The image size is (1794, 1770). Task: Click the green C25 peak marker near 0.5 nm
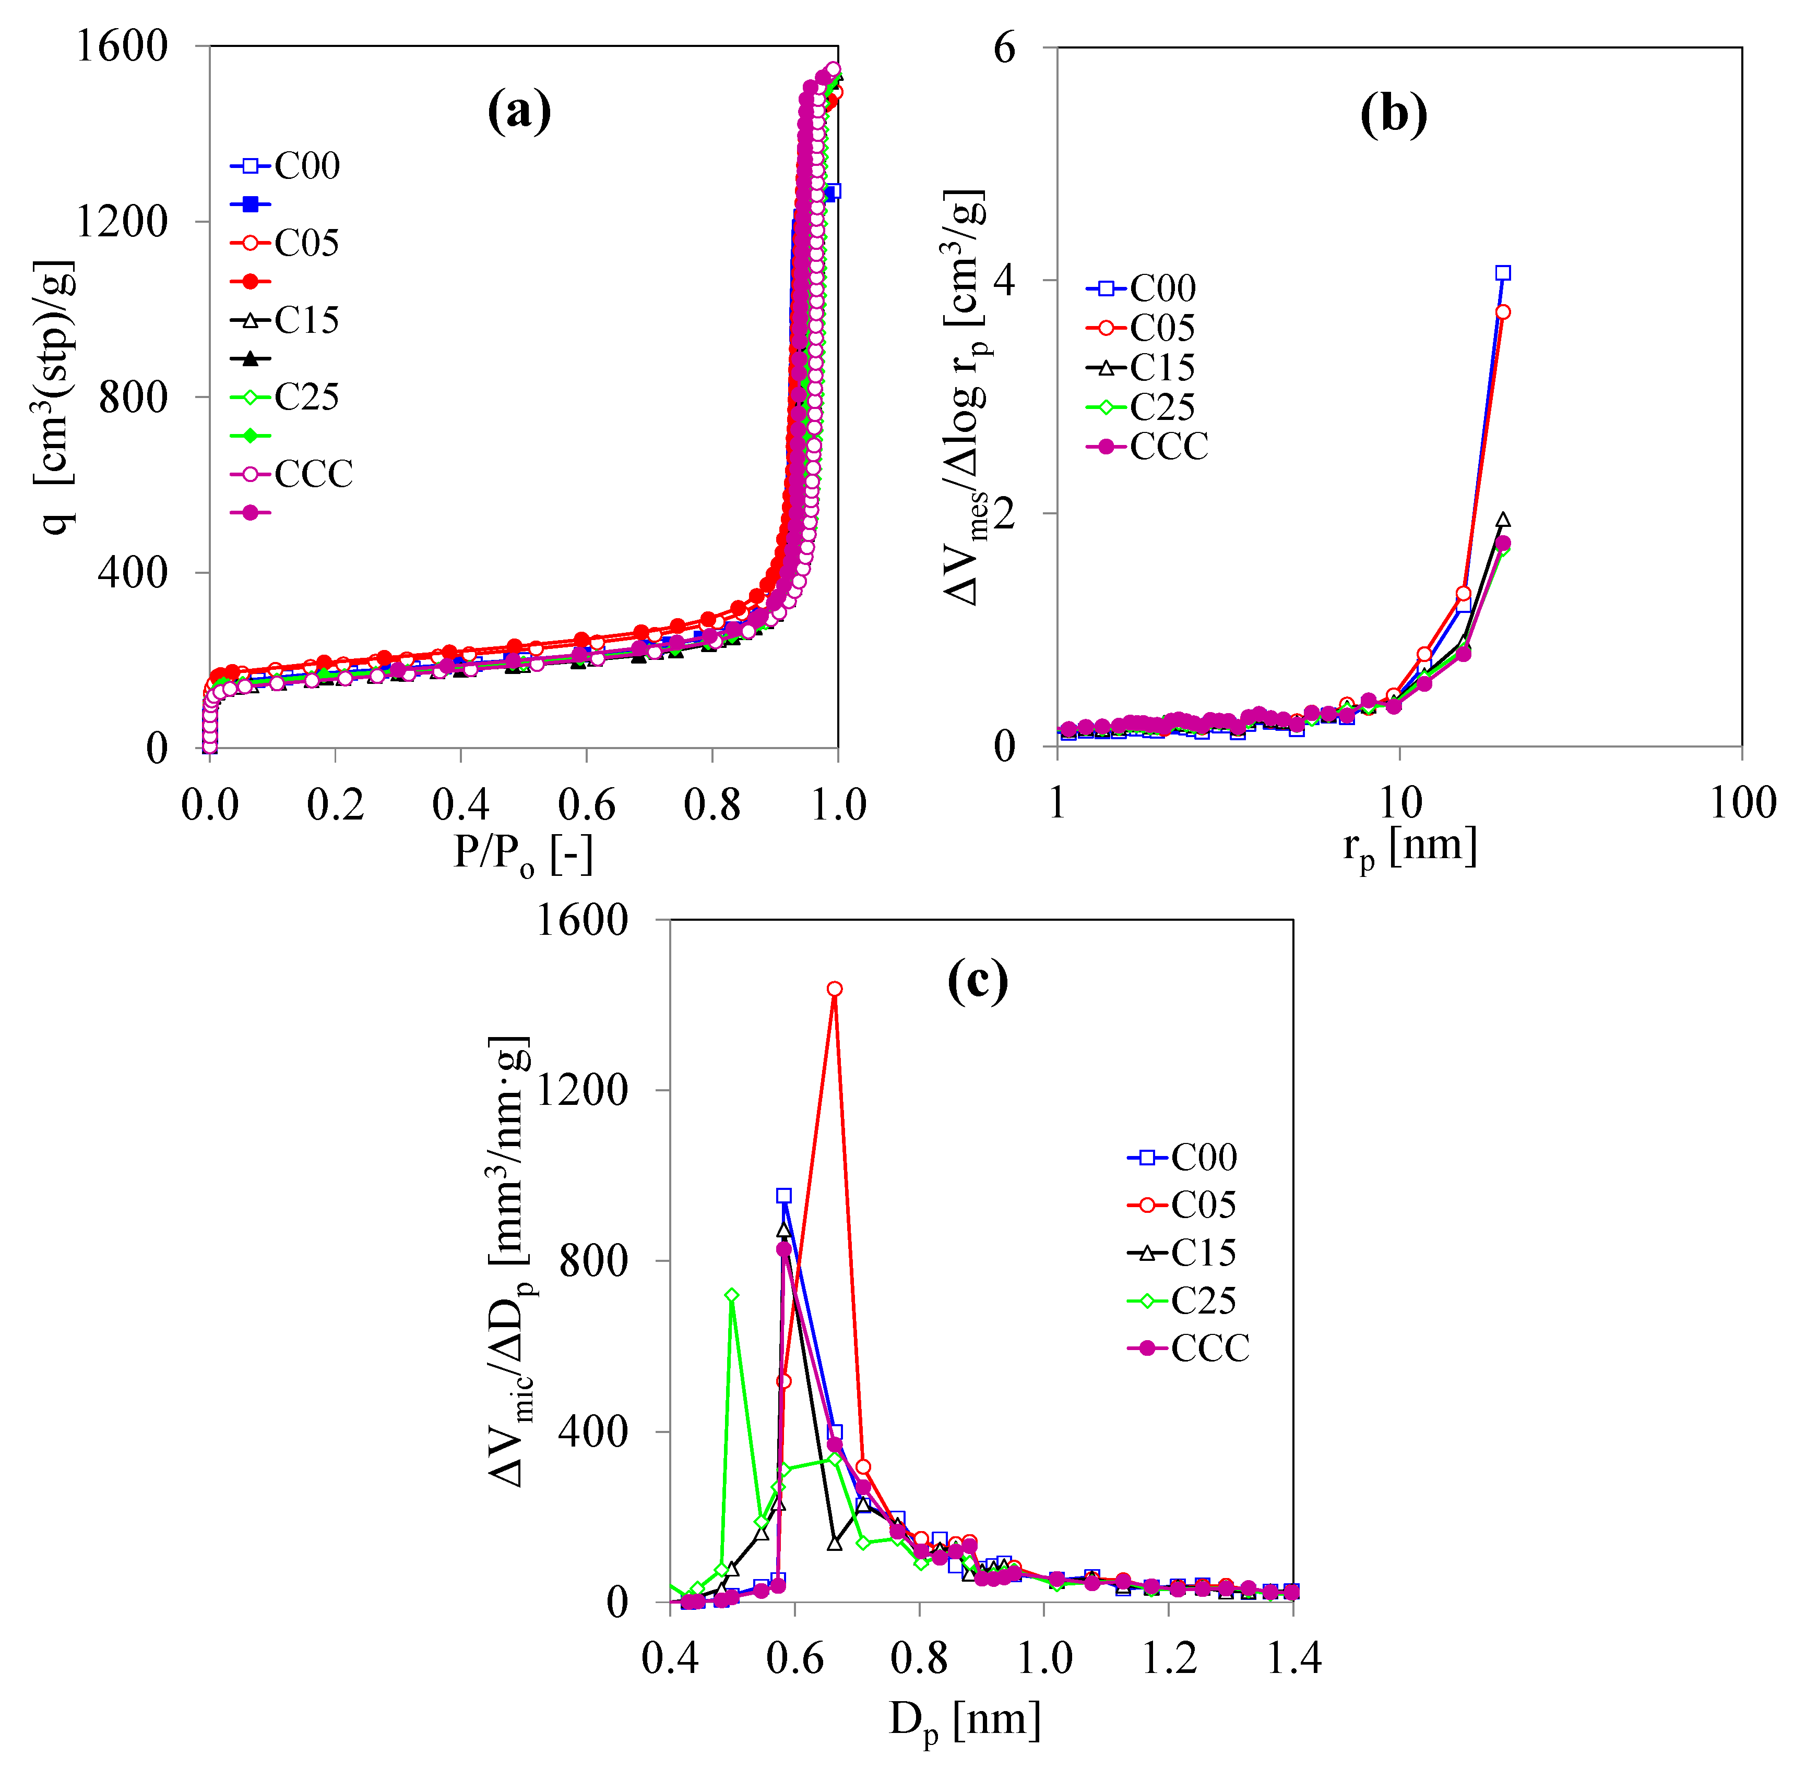click(732, 1295)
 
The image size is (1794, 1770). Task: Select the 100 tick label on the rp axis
click(1742, 803)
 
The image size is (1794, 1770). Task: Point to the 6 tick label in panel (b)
click(1005, 49)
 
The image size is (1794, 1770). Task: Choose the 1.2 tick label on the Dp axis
click(1169, 1658)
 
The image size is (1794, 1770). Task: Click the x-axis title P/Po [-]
click(523, 852)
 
